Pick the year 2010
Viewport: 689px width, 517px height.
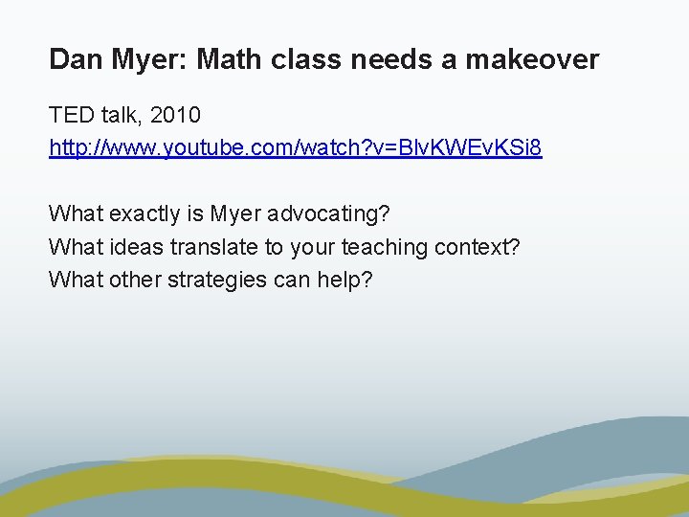(x=174, y=116)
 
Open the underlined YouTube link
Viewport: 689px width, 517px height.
(x=295, y=149)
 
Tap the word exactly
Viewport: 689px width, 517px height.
(x=144, y=214)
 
